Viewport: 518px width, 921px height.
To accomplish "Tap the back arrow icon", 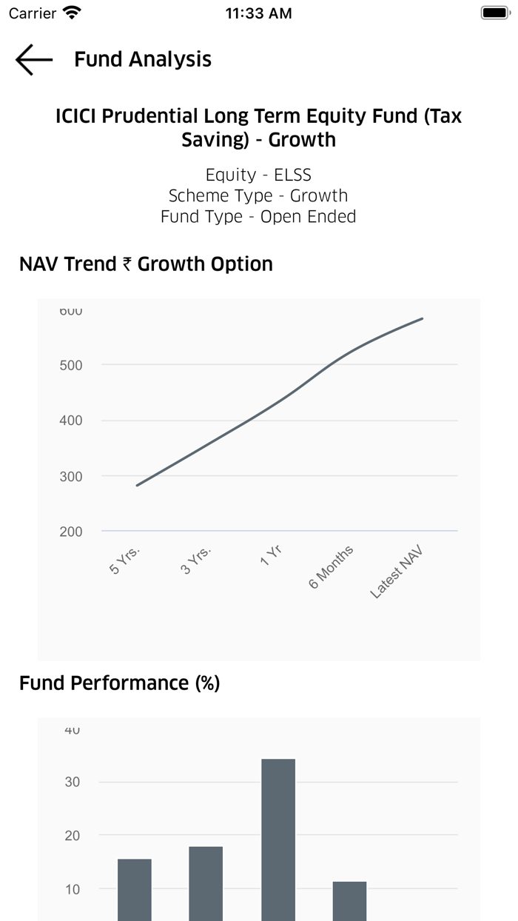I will click(x=34, y=60).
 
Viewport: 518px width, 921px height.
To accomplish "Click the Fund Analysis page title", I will click(x=143, y=60).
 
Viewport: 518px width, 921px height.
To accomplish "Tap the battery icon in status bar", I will click(x=494, y=13).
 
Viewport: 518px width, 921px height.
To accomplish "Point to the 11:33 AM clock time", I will click(x=258, y=13).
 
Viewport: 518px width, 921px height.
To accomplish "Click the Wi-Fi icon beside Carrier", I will click(x=73, y=13).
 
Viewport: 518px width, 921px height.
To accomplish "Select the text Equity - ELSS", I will click(x=258, y=175).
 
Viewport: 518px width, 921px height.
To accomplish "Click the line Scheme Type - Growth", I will click(x=258, y=195).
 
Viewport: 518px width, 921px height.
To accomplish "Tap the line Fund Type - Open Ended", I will click(x=258, y=216).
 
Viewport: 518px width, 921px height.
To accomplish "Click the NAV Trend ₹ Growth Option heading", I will click(x=146, y=264).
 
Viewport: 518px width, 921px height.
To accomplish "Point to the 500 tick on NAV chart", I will click(x=71, y=365).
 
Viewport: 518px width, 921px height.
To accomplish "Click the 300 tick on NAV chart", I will click(x=71, y=476).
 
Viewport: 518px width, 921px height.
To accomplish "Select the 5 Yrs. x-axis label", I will click(x=125, y=560).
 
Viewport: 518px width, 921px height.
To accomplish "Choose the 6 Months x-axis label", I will click(x=331, y=567).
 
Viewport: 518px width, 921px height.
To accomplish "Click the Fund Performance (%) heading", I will click(x=119, y=683).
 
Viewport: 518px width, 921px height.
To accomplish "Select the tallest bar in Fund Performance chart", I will click(x=278, y=837).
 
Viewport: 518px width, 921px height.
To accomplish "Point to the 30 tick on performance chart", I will click(x=73, y=782).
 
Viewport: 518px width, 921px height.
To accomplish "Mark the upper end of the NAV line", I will click(x=422, y=319).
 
